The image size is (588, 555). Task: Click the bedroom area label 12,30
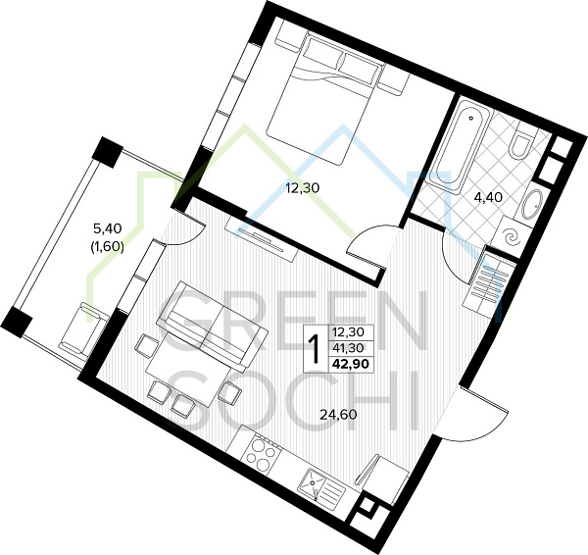click(302, 187)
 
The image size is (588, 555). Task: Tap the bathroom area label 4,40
click(488, 197)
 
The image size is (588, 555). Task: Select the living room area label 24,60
click(338, 414)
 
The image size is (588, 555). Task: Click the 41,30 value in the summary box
click(348, 348)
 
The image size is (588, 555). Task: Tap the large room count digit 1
click(316, 348)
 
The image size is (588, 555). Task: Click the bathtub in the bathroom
click(459, 145)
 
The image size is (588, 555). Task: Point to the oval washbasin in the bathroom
click(530, 205)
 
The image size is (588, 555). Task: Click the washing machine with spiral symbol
click(511, 236)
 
